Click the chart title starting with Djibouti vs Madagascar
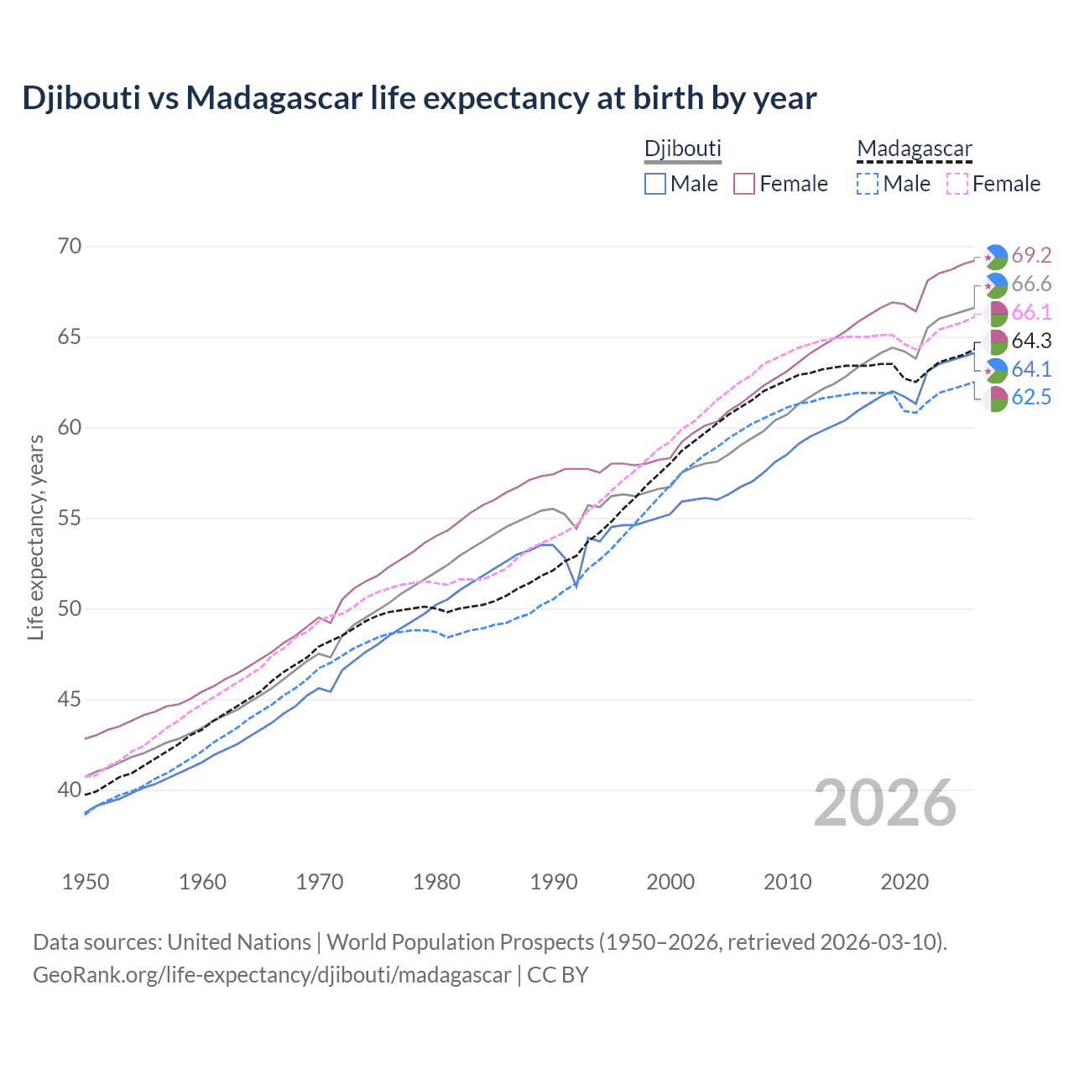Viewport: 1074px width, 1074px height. (419, 98)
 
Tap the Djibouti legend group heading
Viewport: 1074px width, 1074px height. (682, 149)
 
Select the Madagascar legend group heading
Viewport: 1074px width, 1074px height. (914, 149)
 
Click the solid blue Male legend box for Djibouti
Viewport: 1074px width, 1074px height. (655, 184)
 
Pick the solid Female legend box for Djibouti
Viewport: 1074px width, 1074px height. (745, 184)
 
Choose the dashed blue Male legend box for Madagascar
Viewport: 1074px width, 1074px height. (868, 184)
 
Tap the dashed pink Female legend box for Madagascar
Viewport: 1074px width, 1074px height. (957, 184)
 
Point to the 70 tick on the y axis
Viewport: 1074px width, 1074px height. (70, 246)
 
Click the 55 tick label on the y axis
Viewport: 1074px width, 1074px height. (70, 518)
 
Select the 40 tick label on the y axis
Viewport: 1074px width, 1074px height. (70, 790)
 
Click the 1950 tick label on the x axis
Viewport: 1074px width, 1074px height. (86, 882)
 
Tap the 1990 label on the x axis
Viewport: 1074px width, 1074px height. (554, 882)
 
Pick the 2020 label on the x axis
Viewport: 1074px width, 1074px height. (905, 882)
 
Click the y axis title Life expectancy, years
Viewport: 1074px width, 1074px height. (35, 537)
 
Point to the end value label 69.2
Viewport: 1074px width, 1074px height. (1031, 255)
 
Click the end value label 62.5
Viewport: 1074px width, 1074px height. (1031, 398)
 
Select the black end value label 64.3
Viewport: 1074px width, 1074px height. (1031, 341)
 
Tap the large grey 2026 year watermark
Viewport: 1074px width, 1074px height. (885, 803)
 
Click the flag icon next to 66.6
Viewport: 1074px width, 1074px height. (995, 284)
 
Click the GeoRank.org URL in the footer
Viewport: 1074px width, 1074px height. (272, 975)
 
